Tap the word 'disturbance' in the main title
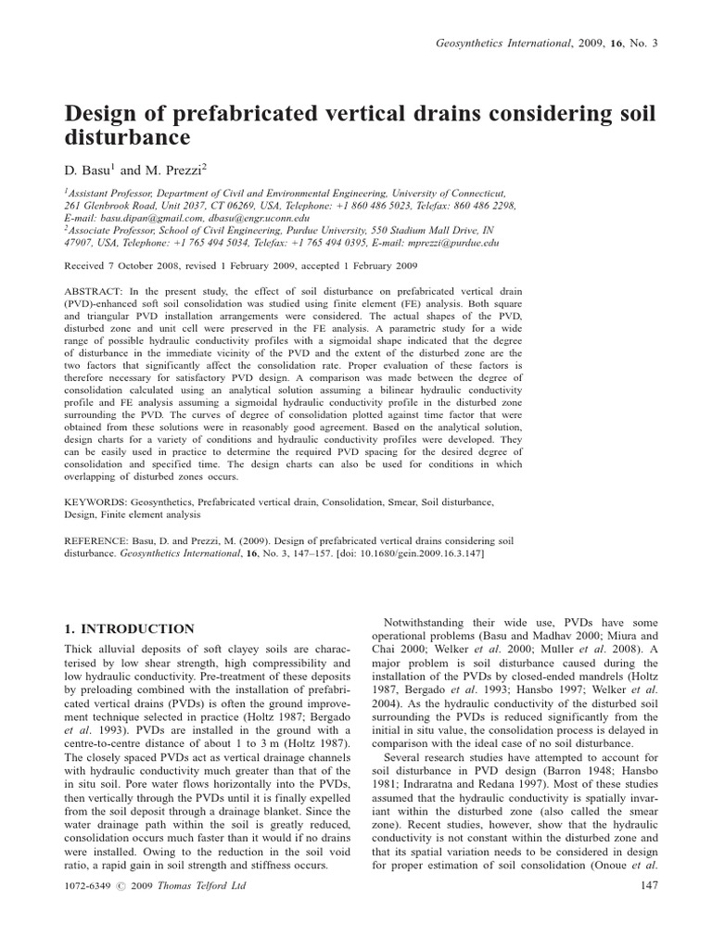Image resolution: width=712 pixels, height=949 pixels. click(126, 138)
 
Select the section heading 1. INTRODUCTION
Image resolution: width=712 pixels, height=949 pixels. click(129, 628)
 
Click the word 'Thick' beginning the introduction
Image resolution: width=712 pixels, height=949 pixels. click(81, 651)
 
